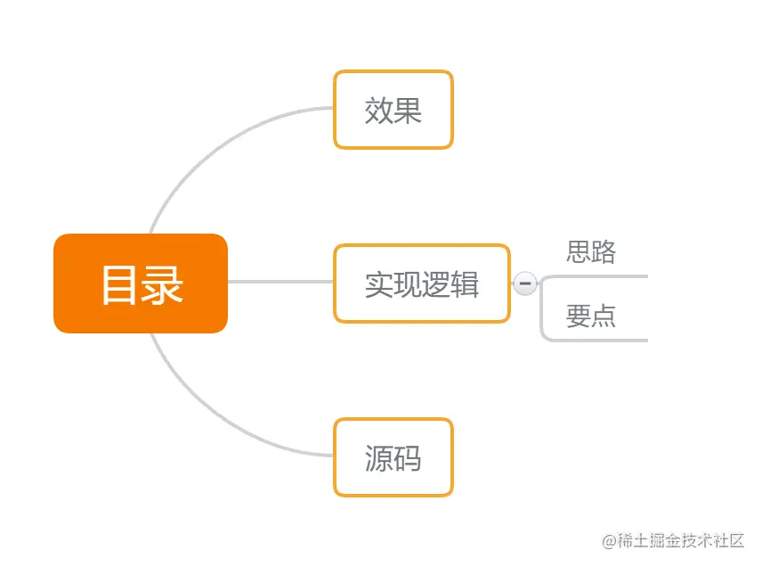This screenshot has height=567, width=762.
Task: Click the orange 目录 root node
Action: click(x=141, y=283)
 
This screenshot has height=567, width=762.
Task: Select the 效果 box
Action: click(x=393, y=110)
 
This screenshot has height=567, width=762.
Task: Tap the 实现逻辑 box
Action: click(x=421, y=283)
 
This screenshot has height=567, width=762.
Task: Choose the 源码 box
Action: click(x=393, y=457)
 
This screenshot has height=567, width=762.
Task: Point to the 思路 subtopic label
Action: click(x=591, y=252)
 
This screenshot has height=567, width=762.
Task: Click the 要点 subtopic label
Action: click(x=591, y=316)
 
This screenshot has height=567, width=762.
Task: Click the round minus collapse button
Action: click(x=525, y=283)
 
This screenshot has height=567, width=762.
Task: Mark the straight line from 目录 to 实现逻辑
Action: click(x=280, y=282)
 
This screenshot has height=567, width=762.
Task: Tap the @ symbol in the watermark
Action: click(x=610, y=540)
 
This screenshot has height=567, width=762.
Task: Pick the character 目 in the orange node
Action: click(x=119, y=284)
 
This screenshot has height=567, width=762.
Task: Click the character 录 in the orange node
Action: click(x=163, y=284)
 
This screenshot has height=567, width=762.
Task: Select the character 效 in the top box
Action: click(x=378, y=111)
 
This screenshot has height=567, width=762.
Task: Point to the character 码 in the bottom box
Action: click(x=408, y=458)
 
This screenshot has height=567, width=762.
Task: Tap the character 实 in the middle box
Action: click(x=378, y=284)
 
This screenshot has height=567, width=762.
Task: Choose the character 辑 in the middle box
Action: click(x=466, y=284)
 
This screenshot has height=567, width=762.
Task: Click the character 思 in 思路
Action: click(x=579, y=252)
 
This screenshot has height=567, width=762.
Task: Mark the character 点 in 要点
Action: click(x=604, y=316)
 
